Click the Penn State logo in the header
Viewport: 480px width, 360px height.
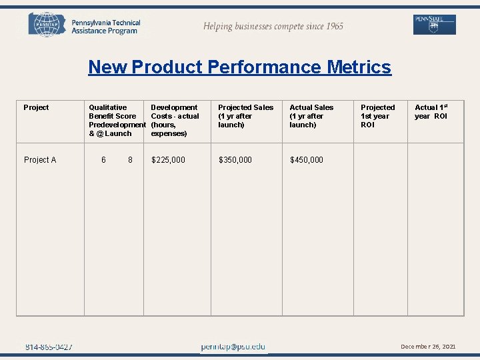[434, 25]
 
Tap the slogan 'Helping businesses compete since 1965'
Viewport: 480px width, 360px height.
[273, 27]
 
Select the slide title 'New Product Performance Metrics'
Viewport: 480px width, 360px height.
[239, 67]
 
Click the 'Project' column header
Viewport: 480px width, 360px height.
[36, 107]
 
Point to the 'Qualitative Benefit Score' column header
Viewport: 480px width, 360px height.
[113, 120]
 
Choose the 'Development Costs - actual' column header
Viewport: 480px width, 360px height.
[175, 120]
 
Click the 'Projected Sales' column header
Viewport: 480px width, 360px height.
[245, 116]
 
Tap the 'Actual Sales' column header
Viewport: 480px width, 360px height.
[311, 116]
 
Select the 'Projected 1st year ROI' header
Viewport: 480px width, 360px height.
[377, 116]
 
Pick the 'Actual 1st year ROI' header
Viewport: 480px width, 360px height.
[431, 111]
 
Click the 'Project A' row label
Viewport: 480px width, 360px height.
[40, 160]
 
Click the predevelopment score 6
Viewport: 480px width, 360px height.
[103, 160]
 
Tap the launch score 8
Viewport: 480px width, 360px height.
[130, 160]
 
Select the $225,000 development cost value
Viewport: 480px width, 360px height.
[169, 160]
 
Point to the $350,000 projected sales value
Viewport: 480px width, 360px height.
[235, 160]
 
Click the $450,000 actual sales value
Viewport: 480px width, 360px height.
[307, 160]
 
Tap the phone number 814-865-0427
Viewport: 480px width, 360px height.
[49, 347]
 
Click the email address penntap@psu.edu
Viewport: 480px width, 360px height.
[233, 347]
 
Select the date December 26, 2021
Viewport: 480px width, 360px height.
[428, 347]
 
